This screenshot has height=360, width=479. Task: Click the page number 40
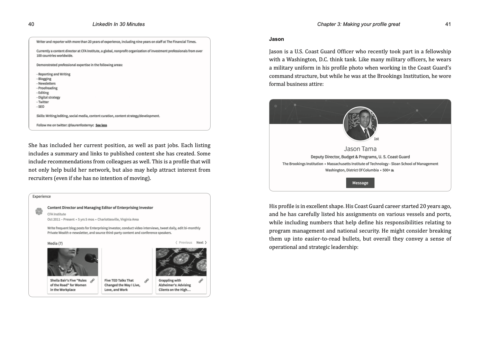[x=31, y=24]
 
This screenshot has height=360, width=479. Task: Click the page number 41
[x=448, y=24]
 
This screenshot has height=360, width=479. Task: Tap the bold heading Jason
[x=276, y=39]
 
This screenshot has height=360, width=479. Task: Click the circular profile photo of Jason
[x=360, y=124]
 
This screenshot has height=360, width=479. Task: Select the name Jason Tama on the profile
[x=360, y=149]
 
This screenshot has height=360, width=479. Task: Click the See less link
[x=101, y=125]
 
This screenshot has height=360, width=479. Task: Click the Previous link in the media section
[x=184, y=243]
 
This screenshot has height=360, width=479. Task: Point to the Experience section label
[x=42, y=197]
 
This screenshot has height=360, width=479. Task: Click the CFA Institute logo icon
[x=39, y=211]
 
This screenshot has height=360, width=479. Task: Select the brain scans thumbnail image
[x=181, y=262]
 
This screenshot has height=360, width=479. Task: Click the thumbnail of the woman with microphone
[x=73, y=262]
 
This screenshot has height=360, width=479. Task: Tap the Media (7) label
[x=55, y=243]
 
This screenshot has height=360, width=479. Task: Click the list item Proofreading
[x=48, y=88]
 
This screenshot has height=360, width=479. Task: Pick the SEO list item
[x=41, y=107]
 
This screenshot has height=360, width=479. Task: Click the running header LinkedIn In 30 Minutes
[x=118, y=24]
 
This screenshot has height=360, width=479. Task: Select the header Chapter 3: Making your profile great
[x=358, y=24]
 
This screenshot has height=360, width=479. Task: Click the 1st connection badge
[x=376, y=139]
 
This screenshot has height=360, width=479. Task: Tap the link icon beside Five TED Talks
[x=147, y=281]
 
